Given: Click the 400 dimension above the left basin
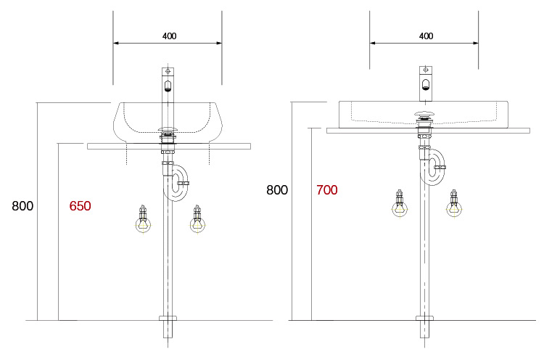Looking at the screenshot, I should tap(168, 36).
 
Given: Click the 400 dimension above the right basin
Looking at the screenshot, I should tap(426, 36).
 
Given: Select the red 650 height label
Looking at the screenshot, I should tap(80, 206).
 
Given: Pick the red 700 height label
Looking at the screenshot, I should tap(327, 190).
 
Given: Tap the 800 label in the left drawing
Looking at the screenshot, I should tap(22, 206).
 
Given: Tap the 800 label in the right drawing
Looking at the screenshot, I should tap(277, 190).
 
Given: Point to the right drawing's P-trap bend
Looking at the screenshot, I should tap(434, 172).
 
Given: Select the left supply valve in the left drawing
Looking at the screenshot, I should tap(143, 219).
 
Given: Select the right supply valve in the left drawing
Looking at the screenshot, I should tap(197, 219).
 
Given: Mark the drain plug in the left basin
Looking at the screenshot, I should tap(168, 131).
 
